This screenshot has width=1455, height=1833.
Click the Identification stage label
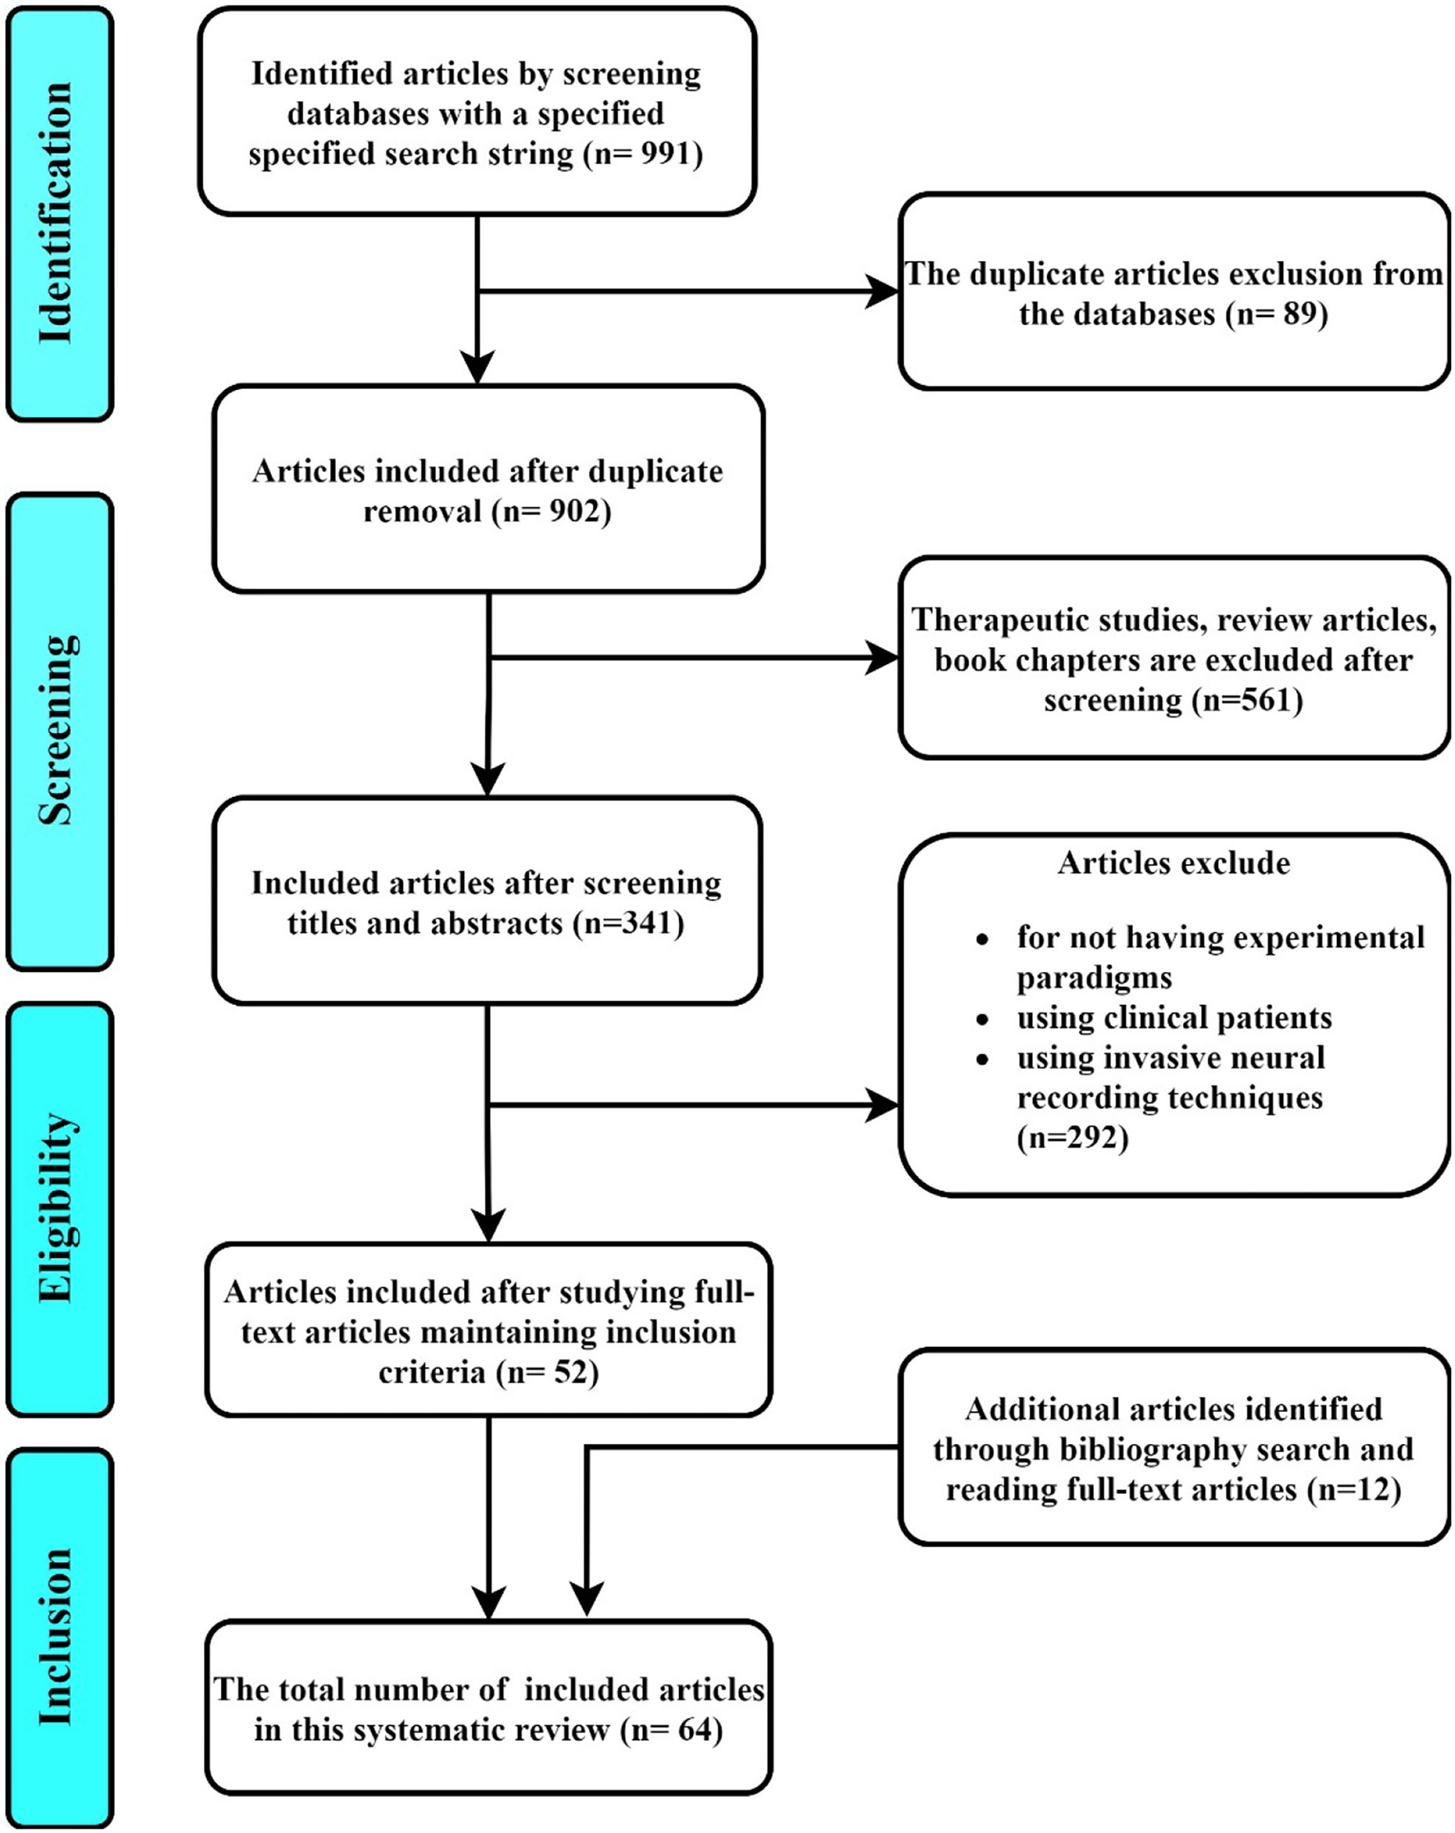[56, 213]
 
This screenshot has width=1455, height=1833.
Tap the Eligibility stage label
[56, 1207]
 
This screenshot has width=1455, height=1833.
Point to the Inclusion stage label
[56, 1636]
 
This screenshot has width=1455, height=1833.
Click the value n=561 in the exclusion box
[1246, 699]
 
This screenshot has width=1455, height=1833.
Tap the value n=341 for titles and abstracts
[627, 923]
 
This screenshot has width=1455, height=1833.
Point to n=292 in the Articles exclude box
[1072, 1138]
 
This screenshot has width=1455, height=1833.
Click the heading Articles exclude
[1173, 863]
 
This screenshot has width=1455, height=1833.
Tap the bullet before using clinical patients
[982, 1020]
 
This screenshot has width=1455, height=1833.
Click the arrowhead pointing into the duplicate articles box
[881, 291]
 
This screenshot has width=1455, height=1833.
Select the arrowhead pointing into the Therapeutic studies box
[881, 658]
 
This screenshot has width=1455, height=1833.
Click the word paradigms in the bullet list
[1094, 978]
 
